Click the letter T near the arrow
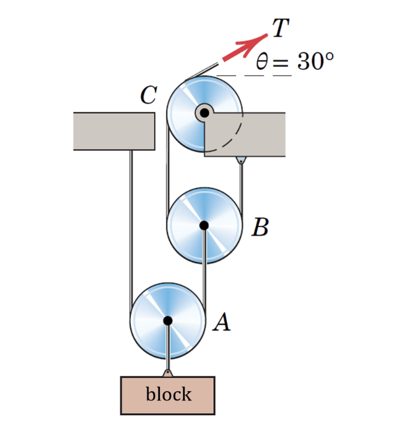(x=279, y=28)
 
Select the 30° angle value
(x=315, y=62)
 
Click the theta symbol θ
(x=262, y=63)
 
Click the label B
(x=260, y=228)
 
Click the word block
(x=168, y=394)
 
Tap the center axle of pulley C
(x=204, y=113)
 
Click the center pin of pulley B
(x=204, y=226)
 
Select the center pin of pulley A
(x=167, y=320)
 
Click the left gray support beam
(x=113, y=131)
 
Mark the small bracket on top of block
(x=167, y=373)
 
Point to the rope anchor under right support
(x=240, y=161)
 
